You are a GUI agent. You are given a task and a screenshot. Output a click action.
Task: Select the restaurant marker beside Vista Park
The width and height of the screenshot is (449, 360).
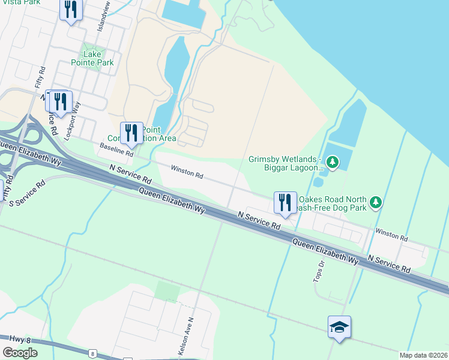(71, 10)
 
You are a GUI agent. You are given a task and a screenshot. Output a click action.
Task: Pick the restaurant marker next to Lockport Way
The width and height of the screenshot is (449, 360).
(60, 102)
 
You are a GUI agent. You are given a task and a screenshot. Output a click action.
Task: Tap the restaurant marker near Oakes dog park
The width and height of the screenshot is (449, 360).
(285, 202)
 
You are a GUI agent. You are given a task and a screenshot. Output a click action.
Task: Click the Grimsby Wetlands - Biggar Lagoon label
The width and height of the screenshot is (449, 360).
(286, 163)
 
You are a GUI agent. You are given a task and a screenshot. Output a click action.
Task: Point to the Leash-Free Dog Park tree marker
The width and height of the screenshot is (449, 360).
(376, 202)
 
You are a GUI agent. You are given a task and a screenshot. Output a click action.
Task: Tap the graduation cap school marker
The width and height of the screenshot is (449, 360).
(339, 327)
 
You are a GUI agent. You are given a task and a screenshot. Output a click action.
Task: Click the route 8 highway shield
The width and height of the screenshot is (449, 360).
(92, 353)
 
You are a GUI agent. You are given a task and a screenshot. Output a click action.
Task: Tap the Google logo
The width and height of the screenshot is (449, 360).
(20, 353)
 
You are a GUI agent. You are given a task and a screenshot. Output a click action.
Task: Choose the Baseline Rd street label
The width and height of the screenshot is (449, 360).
(116, 150)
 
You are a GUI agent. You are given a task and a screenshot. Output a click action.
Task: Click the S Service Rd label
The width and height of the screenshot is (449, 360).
(28, 193)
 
